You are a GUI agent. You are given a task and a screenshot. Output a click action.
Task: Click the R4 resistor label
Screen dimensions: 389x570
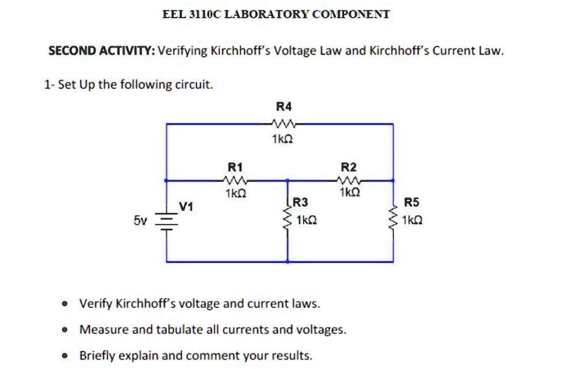(x=284, y=106)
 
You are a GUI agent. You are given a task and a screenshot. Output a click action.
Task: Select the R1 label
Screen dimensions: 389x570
(x=235, y=166)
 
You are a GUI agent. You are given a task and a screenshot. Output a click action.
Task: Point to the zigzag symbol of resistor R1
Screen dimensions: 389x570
(x=235, y=180)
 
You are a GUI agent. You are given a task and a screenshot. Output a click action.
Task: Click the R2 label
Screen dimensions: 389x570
(x=349, y=166)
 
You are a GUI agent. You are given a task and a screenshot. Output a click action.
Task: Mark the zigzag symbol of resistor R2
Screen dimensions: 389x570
(x=349, y=180)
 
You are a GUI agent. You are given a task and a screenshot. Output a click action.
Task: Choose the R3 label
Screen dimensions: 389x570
(x=301, y=202)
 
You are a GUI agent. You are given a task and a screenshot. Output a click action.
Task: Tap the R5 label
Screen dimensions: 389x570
(x=412, y=202)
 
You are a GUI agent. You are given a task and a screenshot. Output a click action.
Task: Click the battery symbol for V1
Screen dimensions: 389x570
(x=167, y=220)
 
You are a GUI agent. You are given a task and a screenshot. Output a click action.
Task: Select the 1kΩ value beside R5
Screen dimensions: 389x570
(x=412, y=219)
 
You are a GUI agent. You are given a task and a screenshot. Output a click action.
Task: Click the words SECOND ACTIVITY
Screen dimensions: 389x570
(x=101, y=51)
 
